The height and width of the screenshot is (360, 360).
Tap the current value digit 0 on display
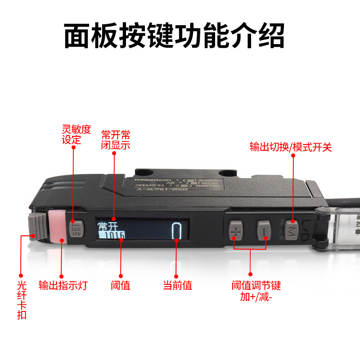coord(177,231)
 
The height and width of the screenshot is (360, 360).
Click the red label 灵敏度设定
coord(76,135)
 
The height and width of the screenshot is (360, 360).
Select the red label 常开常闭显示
coord(115,140)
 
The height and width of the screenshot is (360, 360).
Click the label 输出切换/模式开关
coord(291,147)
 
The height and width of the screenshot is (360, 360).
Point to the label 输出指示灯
coord(63,285)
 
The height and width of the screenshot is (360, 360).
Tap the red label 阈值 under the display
coord(120,285)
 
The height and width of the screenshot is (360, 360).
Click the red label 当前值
coord(177,285)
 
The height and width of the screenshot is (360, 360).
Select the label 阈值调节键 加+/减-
coord(256,291)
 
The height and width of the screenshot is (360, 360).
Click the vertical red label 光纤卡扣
coord(21,299)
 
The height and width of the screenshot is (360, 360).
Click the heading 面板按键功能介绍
coord(174,36)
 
